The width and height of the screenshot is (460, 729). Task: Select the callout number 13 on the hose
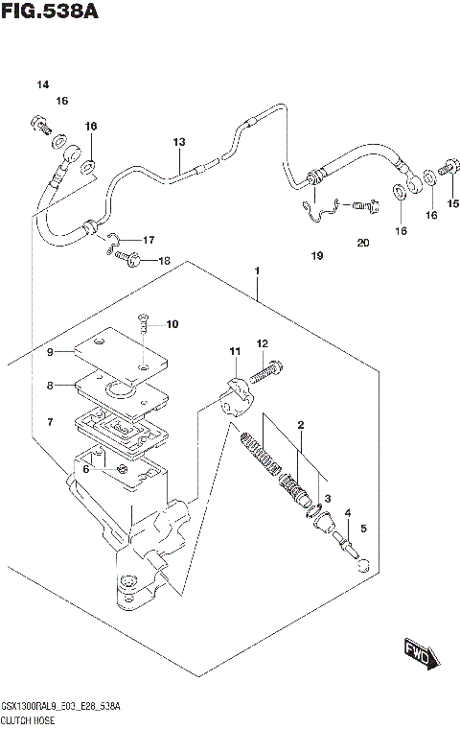178,143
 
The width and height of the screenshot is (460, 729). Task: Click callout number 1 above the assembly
258,271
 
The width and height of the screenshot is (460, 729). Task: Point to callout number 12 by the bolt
262,343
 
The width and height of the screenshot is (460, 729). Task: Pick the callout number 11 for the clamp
232,354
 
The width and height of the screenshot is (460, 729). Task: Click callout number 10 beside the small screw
172,324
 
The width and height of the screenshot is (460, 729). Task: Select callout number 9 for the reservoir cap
51,352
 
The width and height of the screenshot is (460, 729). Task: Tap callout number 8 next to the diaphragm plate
51,388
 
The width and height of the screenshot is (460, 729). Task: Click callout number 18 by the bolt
163,261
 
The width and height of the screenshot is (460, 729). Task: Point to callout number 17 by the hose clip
149,239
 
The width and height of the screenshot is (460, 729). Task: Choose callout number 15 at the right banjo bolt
453,202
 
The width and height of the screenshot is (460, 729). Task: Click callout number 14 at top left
42,85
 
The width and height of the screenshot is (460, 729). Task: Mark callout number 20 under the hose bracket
362,243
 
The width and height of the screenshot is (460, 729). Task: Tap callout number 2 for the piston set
300,424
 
